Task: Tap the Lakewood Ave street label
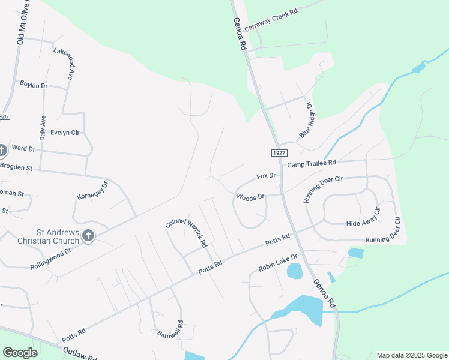[x=62, y=64]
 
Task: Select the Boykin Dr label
[x=33, y=85]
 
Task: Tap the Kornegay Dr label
[x=91, y=191]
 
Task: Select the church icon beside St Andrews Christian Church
[x=88, y=235]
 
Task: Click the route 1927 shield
[x=278, y=154]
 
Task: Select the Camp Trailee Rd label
[x=312, y=163]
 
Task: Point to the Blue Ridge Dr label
[x=306, y=119]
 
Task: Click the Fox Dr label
[x=265, y=176]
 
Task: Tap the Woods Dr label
[x=250, y=197]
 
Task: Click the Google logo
[x=20, y=353]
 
